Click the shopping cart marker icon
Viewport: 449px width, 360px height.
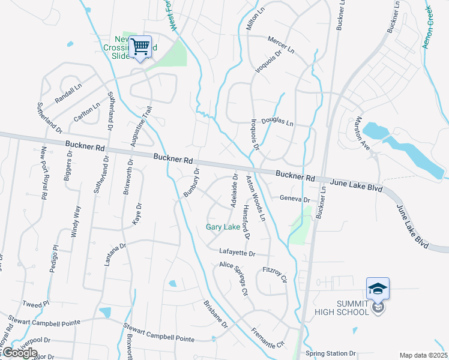(140, 47)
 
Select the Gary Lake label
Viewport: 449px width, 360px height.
(223, 227)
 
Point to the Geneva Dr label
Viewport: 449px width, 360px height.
(294, 199)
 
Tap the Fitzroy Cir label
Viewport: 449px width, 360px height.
(275, 271)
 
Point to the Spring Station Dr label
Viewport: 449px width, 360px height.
(331, 354)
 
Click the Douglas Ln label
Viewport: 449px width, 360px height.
(278, 122)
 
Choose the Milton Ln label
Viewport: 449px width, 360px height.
(256, 20)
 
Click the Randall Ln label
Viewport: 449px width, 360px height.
(67, 94)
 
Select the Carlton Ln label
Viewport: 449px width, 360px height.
(86, 112)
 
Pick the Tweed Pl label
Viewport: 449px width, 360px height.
(31, 305)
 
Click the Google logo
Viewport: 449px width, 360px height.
(19, 353)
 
